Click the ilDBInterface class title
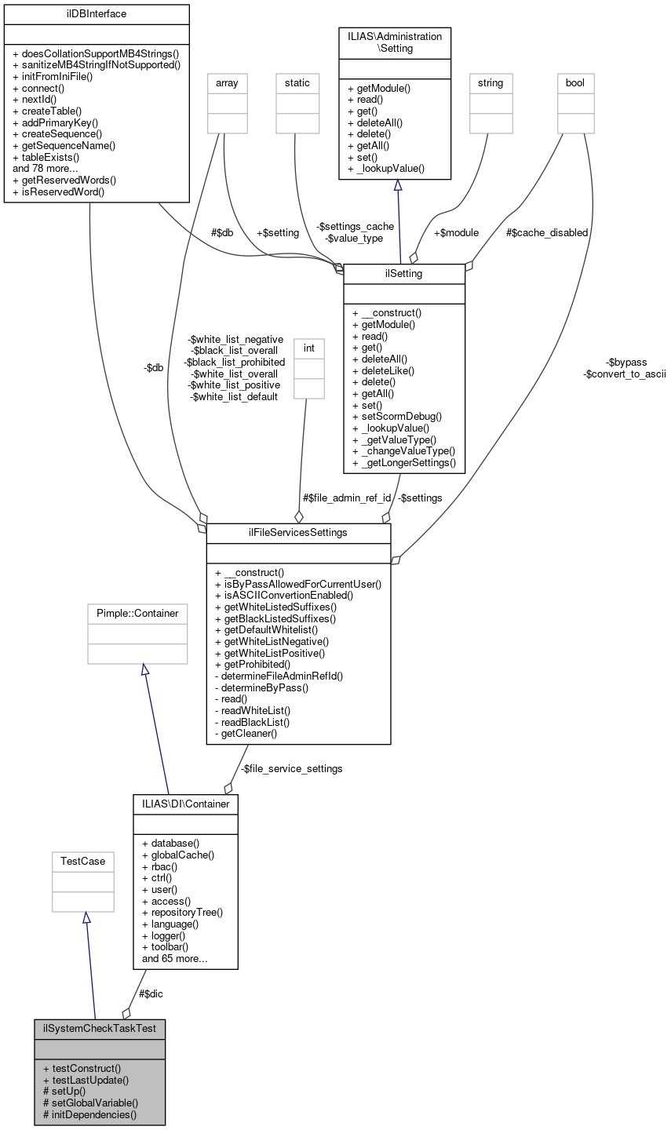point(97,14)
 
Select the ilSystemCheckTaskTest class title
point(100,1028)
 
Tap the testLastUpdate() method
point(86,1080)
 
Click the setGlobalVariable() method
point(90,1103)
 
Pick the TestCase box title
point(83,862)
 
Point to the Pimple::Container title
point(137,613)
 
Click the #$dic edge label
point(151,993)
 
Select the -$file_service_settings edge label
point(291,768)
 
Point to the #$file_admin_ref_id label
point(347,498)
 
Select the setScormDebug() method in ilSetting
point(397,416)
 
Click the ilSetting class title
point(404,273)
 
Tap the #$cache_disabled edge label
point(546,232)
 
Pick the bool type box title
point(575,82)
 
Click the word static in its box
point(297,82)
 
